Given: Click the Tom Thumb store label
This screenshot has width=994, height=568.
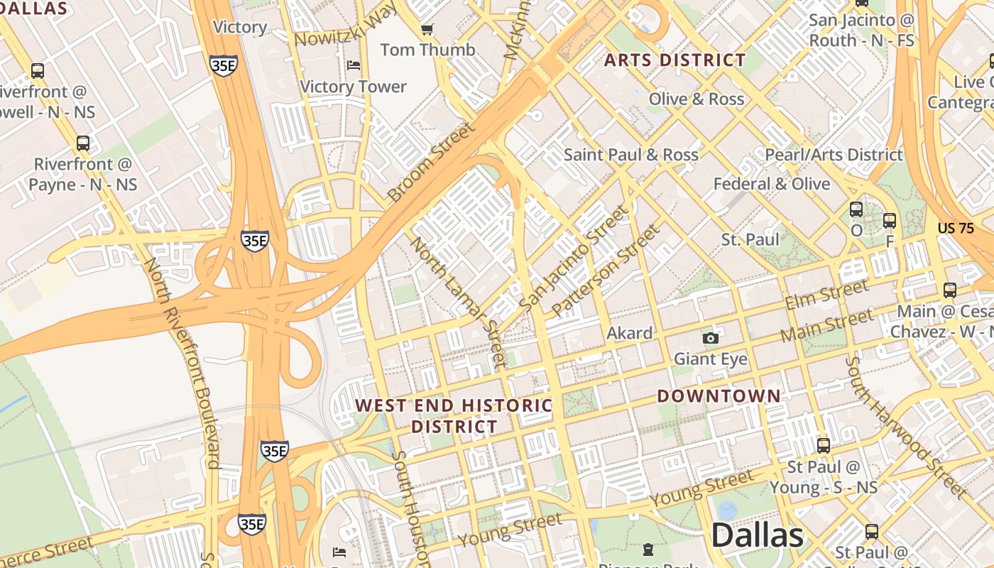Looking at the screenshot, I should point(427,50).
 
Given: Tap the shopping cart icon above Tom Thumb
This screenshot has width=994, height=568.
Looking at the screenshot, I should point(427,29).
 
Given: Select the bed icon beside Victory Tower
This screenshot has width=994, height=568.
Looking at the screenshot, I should point(354,66).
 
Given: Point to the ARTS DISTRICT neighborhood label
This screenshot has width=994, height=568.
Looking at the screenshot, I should point(674,60).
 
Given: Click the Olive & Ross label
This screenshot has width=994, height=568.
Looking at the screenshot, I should point(696,99).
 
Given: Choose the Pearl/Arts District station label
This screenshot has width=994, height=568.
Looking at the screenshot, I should point(834,155).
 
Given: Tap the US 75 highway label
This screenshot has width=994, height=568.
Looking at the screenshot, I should point(956,228).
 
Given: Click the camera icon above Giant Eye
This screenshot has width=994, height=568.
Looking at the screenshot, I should point(710,338).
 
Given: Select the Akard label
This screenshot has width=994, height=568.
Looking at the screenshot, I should point(630,333).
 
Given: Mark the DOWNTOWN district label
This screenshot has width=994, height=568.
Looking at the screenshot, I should point(719,396).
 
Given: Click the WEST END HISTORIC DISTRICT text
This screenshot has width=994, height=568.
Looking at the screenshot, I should point(454,416).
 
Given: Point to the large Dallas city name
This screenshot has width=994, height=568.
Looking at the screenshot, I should point(757,535).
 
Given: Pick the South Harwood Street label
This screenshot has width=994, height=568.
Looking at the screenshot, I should point(905,427).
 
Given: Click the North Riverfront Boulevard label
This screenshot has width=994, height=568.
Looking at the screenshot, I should point(182,362).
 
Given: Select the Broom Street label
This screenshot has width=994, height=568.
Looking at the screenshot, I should point(430,162).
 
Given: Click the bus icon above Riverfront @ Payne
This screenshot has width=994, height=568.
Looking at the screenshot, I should point(83,143).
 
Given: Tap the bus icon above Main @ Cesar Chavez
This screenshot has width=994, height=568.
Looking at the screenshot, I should point(949,290).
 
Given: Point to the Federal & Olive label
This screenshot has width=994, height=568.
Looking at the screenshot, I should point(771,184).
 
